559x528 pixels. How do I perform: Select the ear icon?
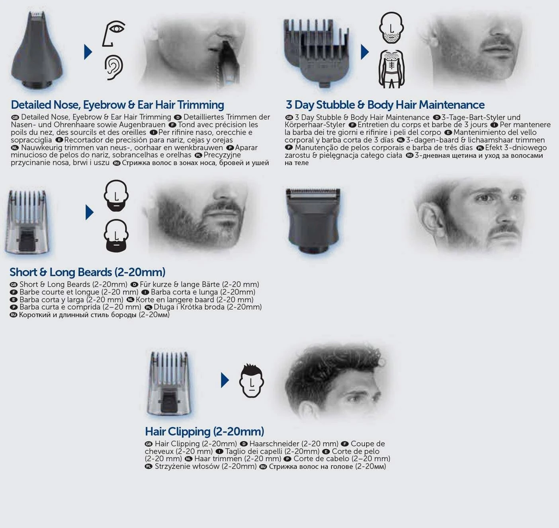114,67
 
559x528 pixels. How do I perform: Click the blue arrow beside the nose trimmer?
88,52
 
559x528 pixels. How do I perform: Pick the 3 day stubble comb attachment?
316,52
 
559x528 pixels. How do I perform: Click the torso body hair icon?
391,69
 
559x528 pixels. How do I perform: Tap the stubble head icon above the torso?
391,27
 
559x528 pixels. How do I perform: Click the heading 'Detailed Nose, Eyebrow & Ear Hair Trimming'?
117,105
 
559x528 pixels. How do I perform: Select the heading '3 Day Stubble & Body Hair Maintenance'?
385,105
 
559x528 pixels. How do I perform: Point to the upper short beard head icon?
116,195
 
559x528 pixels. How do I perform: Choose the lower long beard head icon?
116,236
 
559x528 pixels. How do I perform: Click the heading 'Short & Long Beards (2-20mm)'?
87,272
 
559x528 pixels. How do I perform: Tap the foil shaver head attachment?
313,220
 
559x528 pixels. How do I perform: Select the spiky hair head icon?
251,381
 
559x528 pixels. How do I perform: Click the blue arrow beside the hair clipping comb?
225,380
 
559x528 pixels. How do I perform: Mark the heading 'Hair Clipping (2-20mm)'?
204,432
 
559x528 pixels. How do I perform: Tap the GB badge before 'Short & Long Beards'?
14,285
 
